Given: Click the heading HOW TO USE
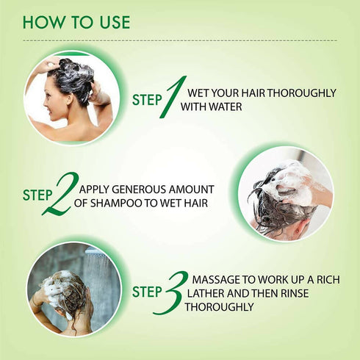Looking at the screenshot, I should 76,21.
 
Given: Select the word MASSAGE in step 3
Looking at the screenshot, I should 214,280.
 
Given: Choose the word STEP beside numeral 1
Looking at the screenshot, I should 147,100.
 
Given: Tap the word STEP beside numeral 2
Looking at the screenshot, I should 37,195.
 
